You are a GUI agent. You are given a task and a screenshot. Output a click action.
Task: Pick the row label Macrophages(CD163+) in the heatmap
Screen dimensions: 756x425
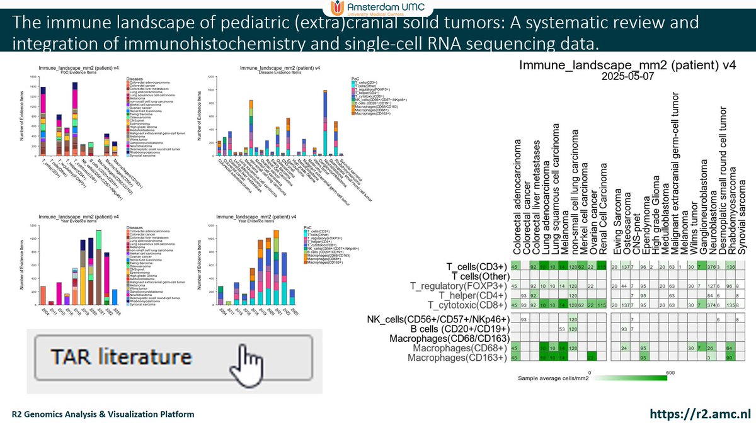[457, 358]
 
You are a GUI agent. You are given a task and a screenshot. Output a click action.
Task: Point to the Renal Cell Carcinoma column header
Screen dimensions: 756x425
[602, 208]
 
